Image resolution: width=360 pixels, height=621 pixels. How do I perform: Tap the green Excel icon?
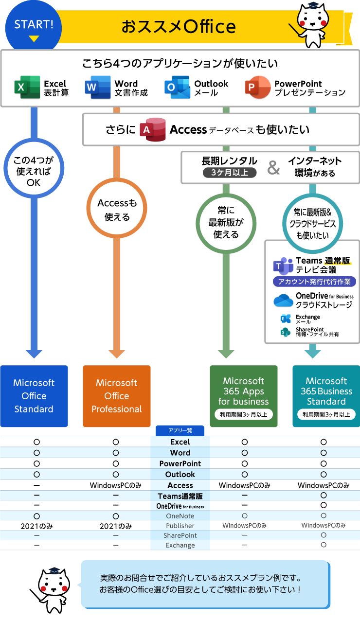pos(27,88)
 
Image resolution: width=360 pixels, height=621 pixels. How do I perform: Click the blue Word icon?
pos(97,88)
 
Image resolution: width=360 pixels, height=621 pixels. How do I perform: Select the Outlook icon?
pos(177,88)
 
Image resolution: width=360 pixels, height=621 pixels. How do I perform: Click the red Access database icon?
pos(152,129)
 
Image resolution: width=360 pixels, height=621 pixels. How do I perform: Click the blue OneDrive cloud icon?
pos(284,300)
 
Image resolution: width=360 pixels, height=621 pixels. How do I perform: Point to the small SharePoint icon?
pos(285,332)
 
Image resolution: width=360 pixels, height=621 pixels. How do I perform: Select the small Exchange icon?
pos(286,319)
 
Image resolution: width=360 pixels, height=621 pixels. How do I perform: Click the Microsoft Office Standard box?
pos(34,396)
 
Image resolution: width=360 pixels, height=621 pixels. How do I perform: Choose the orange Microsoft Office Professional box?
pos(117,396)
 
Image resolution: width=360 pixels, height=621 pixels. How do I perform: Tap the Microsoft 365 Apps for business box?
pos(244,396)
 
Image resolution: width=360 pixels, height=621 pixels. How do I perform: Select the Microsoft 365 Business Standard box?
pos(326,396)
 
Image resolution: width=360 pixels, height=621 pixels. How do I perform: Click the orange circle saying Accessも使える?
pos(117,210)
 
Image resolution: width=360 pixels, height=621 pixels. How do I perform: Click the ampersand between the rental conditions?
pos(274,168)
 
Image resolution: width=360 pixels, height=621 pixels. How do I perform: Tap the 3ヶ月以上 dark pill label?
pos(230,172)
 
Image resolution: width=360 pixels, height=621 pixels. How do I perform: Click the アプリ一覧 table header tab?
pos(180,431)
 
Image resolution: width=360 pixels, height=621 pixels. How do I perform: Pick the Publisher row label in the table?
pos(180,526)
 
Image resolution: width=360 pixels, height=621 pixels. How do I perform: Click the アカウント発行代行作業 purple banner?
pos(314,282)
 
